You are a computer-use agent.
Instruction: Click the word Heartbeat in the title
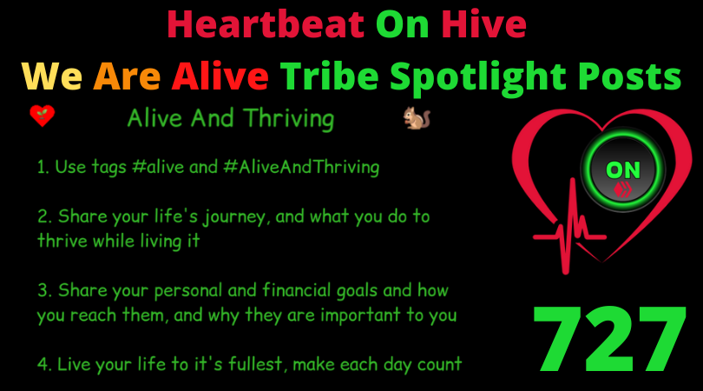coord(266,24)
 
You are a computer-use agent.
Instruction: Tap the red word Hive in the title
coord(483,24)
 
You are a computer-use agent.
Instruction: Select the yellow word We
coord(51,76)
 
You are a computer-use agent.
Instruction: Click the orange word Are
coord(127,76)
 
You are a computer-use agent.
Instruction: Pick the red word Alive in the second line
coord(220,76)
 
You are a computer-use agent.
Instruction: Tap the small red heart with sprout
coord(43,116)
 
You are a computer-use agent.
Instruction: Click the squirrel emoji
coord(417,118)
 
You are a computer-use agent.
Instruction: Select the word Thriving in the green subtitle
coord(289,119)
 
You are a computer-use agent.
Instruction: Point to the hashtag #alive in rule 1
coord(158,167)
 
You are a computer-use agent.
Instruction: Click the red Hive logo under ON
coord(623,189)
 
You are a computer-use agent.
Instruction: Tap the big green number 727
coord(609,339)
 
